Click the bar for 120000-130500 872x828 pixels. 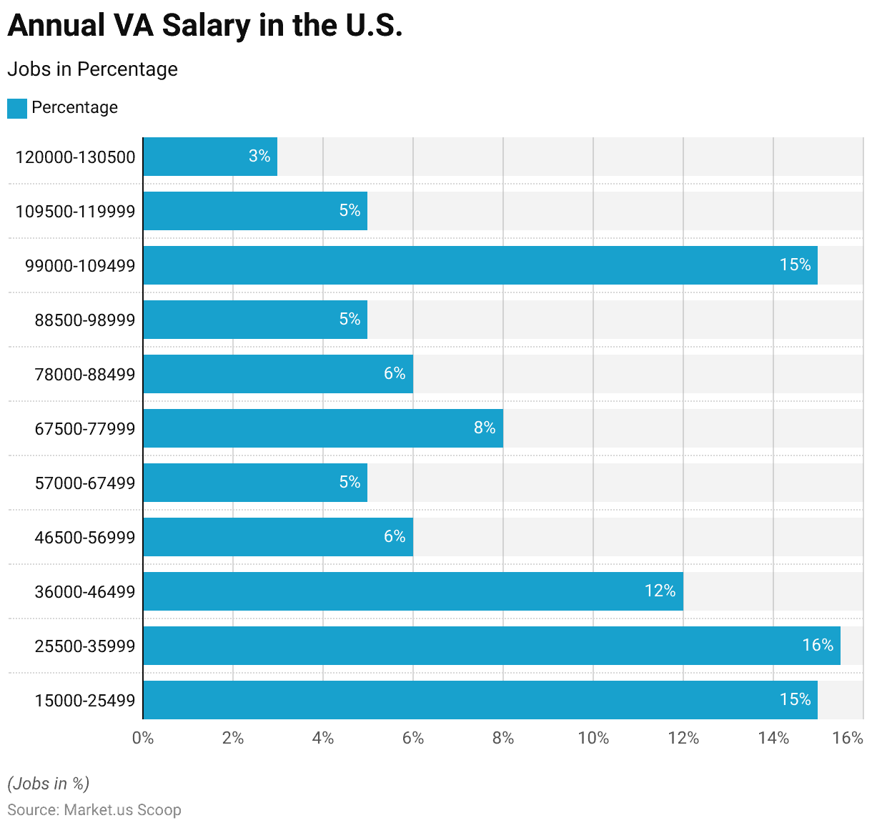coord(210,157)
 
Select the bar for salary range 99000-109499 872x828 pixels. coord(480,265)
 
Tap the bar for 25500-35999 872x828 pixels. coord(491,646)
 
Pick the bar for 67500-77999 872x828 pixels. coord(322,428)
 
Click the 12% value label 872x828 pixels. coord(660,591)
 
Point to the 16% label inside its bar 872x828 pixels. coord(818,645)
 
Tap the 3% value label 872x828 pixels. coord(259,156)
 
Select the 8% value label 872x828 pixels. coord(485,428)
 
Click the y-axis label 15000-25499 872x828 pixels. coord(85,701)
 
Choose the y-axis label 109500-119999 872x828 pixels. coord(75,212)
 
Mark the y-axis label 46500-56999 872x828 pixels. coord(85,538)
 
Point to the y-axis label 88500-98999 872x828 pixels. coord(85,320)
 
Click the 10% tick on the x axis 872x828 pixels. coord(593,738)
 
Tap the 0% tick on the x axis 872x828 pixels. coord(143,738)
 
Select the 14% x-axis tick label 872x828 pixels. coord(773,738)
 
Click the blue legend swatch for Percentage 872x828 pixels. coord(17,109)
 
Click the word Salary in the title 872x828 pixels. coord(206,26)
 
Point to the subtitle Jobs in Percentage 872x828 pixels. coord(92,69)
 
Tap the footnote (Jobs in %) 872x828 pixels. coord(49,784)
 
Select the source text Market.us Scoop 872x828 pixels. coord(122,810)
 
